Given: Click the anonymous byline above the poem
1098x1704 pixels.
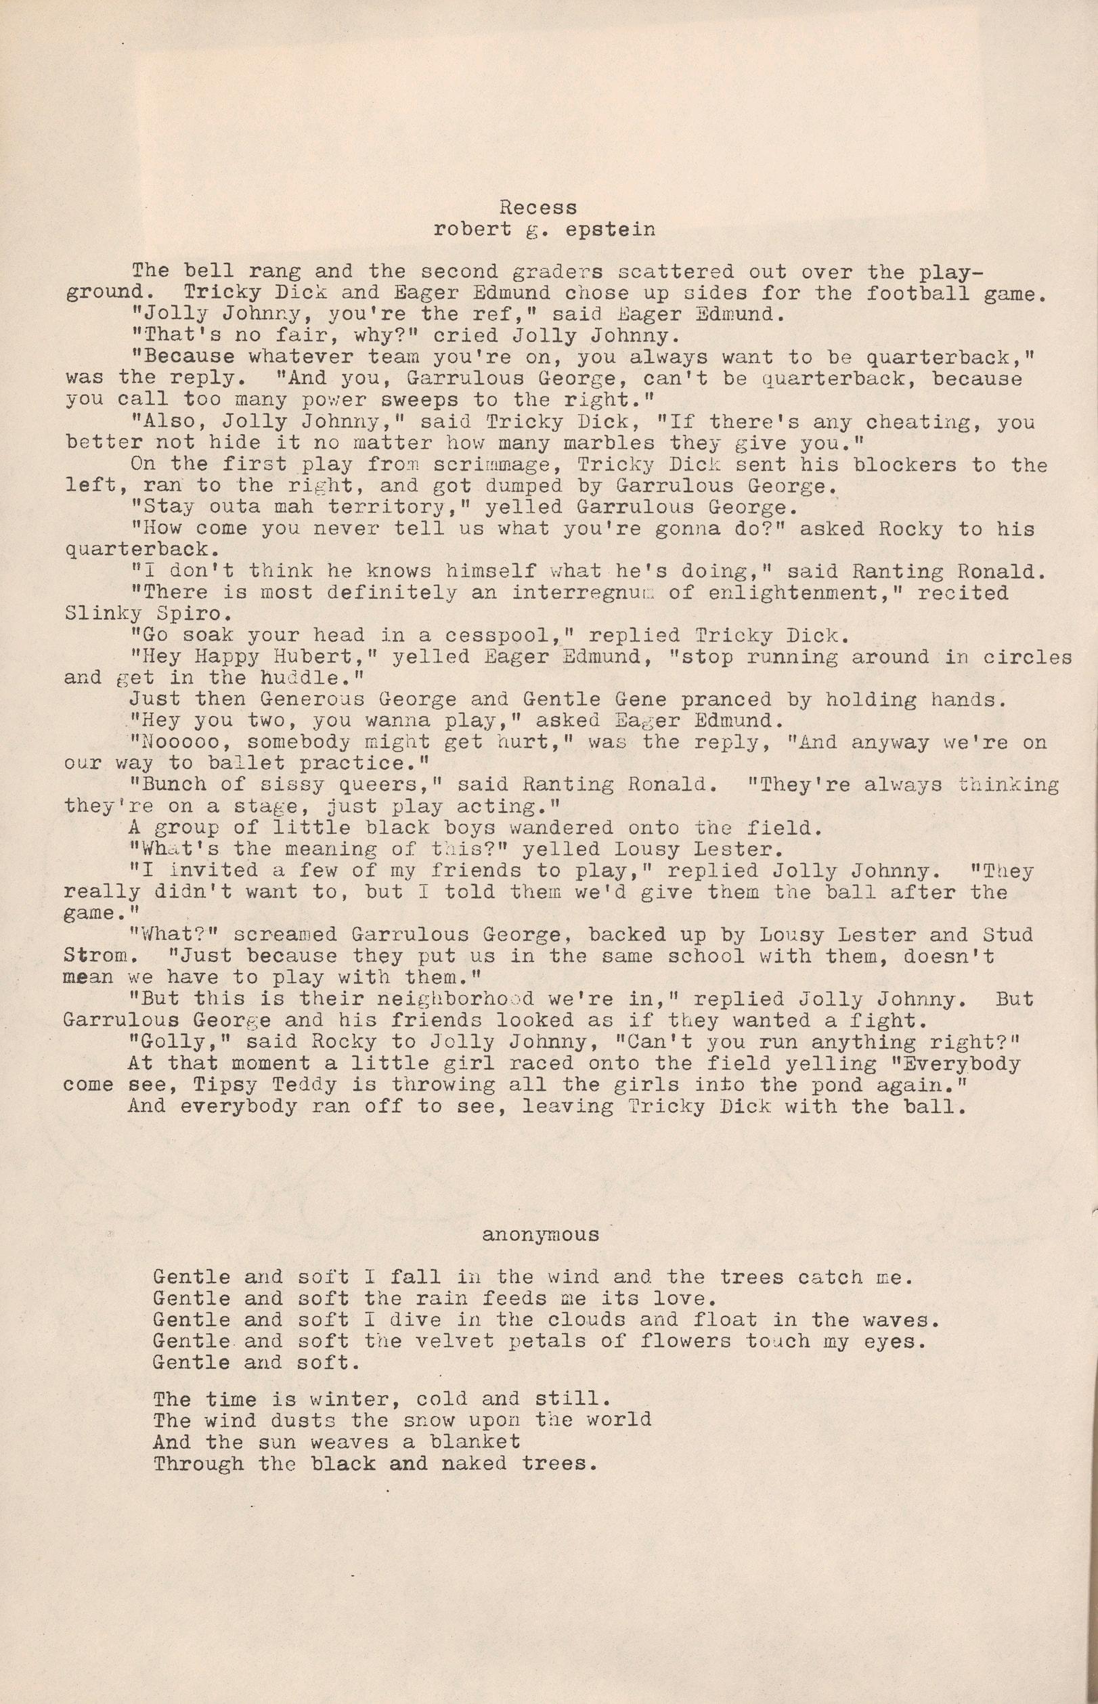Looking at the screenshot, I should [x=540, y=1234].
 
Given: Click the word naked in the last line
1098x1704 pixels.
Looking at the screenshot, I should [x=480, y=1462].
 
